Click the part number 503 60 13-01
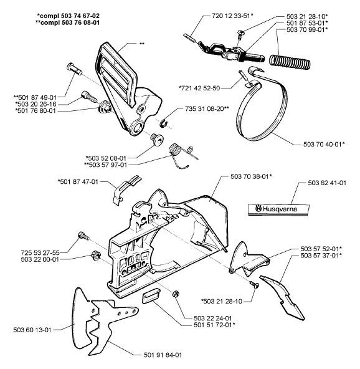(32, 330)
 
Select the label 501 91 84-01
(163, 355)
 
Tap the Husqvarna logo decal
(278, 209)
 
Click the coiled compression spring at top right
(290, 62)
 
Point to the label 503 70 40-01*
(324, 144)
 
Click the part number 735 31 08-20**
(207, 108)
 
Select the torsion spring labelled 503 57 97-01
(183, 155)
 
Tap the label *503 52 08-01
(106, 158)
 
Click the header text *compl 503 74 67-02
(68, 16)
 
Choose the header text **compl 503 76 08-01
(67, 22)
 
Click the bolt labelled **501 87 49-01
(74, 69)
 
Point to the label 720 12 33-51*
(232, 16)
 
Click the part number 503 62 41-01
(327, 183)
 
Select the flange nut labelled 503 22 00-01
(96, 255)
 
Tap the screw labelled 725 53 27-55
(83, 236)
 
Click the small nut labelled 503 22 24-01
(175, 294)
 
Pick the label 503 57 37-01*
(321, 256)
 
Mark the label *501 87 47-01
(78, 182)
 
